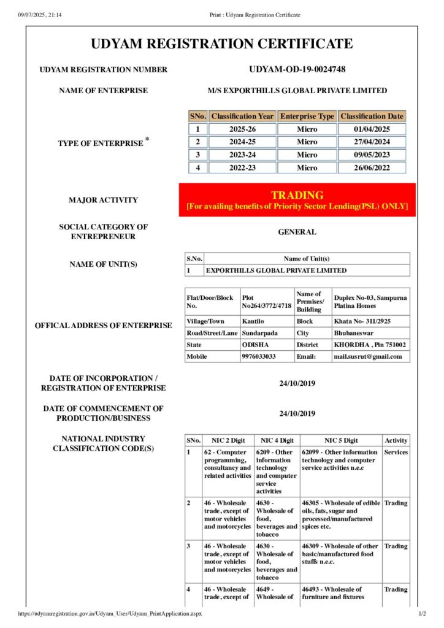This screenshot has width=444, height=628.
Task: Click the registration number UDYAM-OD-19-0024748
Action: tap(297, 69)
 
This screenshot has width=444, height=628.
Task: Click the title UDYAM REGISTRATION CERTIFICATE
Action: tap(222, 44)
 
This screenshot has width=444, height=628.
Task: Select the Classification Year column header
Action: tap(242, 116)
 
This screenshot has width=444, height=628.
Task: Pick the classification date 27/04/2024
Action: tap(372, 142)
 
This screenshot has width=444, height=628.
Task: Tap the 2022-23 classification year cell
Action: tap(242, 167)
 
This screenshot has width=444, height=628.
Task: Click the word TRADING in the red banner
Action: tap(297, 195)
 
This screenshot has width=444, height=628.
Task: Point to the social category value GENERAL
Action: tap(297, 232)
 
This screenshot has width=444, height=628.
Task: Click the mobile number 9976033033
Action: tap(258, 356)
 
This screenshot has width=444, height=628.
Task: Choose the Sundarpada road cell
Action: tap(259, 333)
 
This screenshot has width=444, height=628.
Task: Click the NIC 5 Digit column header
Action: tap(340, 440)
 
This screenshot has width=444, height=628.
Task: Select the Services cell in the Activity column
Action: tap(396, 452)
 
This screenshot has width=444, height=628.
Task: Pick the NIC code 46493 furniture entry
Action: tap(332, 593)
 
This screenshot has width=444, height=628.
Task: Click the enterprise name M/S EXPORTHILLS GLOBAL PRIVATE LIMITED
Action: tap(297, 91)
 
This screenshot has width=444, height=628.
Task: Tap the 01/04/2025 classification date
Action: tap(372, 129)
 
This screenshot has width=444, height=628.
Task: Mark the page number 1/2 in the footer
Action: tap(421, 613)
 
